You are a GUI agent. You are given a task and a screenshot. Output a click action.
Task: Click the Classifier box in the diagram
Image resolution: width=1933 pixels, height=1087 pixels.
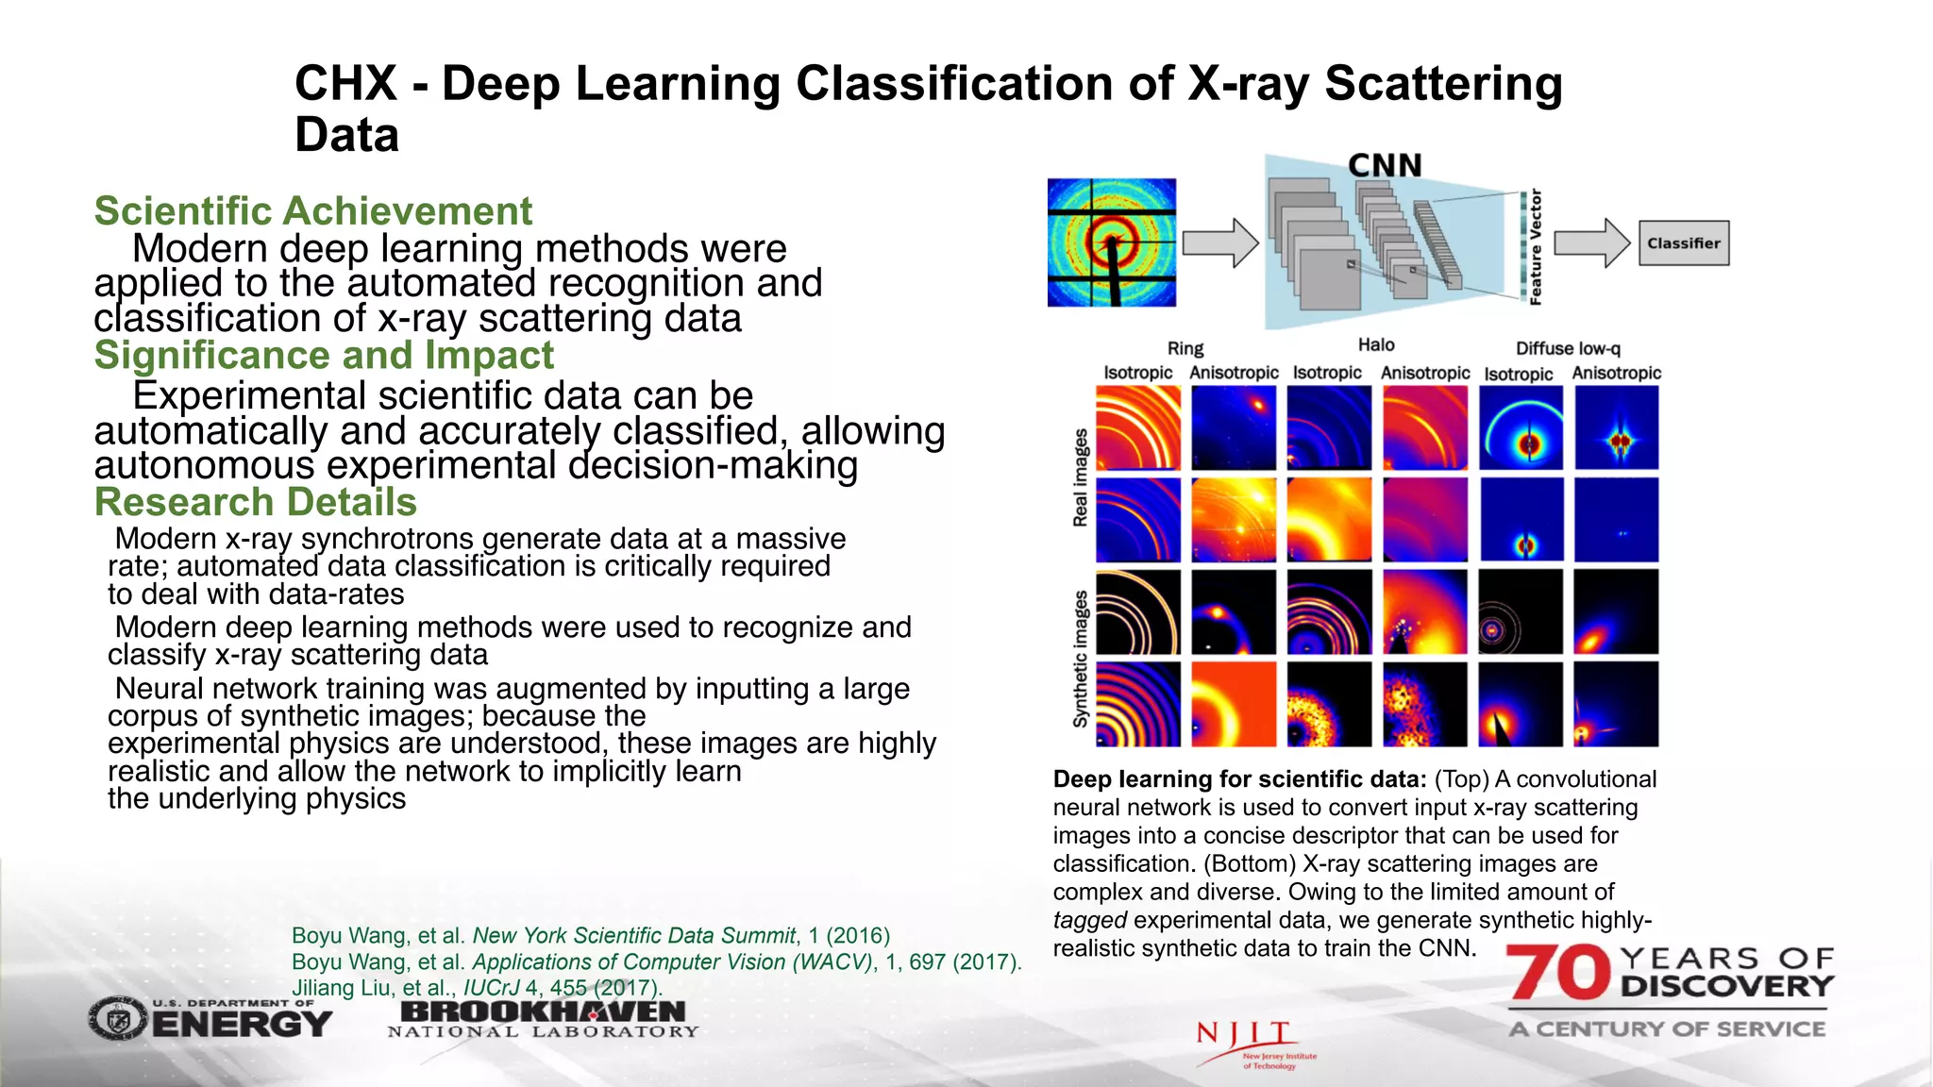pos(1684,243)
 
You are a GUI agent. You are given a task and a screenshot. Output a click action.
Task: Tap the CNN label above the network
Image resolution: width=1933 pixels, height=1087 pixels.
pos(1384,166)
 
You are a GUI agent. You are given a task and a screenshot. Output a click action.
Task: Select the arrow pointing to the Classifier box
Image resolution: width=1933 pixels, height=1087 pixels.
pos(1591,243)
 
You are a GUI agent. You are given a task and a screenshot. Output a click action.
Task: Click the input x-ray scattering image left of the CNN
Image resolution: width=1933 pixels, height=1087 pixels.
pos(1112,242)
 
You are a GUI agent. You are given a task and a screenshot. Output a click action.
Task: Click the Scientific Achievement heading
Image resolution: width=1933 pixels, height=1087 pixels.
pos(312,210)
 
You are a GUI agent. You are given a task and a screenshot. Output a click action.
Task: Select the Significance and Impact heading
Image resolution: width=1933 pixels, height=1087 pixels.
pos(324,356)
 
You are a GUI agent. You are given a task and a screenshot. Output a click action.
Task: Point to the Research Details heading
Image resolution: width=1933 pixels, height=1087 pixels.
pos(255,502)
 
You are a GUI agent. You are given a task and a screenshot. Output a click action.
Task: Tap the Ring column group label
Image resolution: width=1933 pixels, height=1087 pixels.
pos(1185,348)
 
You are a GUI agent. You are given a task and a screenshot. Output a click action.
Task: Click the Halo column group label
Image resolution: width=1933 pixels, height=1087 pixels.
pos(1376,345)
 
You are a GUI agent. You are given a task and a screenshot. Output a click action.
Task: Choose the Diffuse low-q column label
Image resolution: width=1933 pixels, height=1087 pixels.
pos(1568,348)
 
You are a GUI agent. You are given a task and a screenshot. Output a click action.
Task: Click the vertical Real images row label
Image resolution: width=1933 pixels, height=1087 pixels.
pos(1081,477)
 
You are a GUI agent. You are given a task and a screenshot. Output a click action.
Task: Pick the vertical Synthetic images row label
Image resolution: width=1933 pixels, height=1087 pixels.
pos(1081,659)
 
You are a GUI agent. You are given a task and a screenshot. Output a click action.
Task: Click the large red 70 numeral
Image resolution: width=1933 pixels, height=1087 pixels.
pos(1558,973)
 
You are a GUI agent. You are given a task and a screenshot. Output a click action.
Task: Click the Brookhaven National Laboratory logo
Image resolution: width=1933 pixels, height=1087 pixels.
pos(543,1018)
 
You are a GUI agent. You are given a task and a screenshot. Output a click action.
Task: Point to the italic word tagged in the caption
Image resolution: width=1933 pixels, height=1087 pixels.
pos(1089,920)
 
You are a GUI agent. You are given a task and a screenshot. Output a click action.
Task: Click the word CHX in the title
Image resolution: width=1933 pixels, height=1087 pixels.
pos(345,83)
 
